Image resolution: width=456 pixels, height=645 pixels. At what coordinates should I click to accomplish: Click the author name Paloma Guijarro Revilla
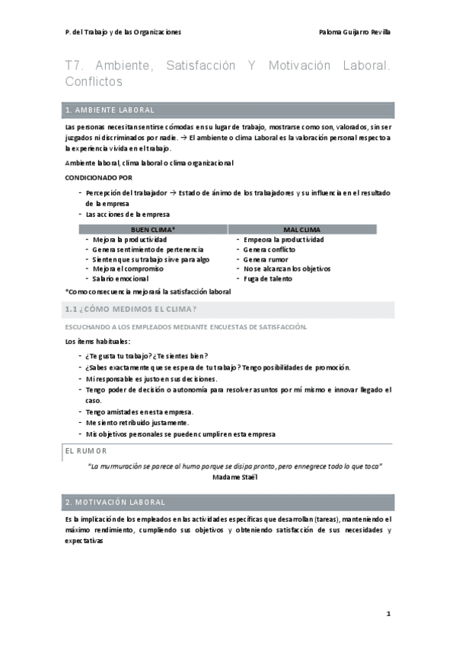pyautogui.click(x=356, y=32)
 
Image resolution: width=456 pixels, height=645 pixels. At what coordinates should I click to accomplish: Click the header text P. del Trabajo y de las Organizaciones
pyautogui.click(x=123, y=32)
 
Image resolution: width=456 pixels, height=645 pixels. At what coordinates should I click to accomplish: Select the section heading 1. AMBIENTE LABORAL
pyautogui.click(x=111, y=110)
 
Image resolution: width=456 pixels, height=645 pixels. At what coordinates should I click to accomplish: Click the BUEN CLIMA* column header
pyautogui.click(x=153, y=229)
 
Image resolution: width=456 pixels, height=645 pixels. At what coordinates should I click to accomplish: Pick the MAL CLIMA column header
pyautogui.click(x=301, y=229)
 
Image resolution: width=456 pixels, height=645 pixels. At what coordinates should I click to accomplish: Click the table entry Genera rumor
pyautogui.click(x=269, y=259)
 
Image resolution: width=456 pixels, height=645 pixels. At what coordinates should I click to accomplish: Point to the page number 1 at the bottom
pyautogui.click(x=388, y=612)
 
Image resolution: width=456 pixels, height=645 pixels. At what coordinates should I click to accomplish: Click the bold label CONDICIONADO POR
pyautogui.click(x=99, y=176)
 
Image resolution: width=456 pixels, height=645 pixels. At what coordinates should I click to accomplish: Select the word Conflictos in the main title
pyautogui.click(x=94, y=81)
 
